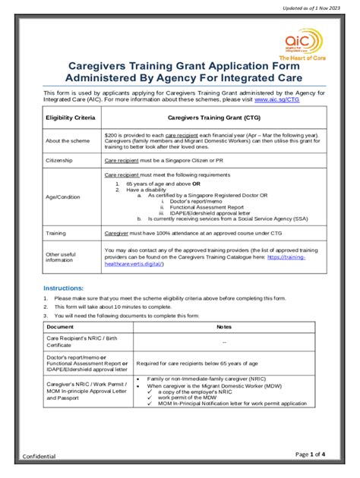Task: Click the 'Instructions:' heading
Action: coord(63,288)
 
